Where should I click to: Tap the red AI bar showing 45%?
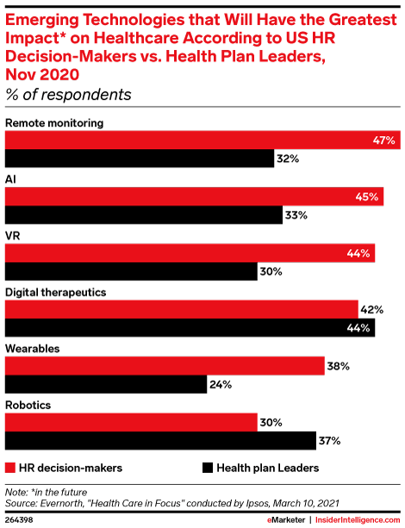194,197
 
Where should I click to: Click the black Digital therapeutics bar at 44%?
190,328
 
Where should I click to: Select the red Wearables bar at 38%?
165,366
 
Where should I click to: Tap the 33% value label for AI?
296,215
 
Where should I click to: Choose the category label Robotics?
29,405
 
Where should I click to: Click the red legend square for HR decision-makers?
11,468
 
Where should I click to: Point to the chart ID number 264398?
20,519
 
